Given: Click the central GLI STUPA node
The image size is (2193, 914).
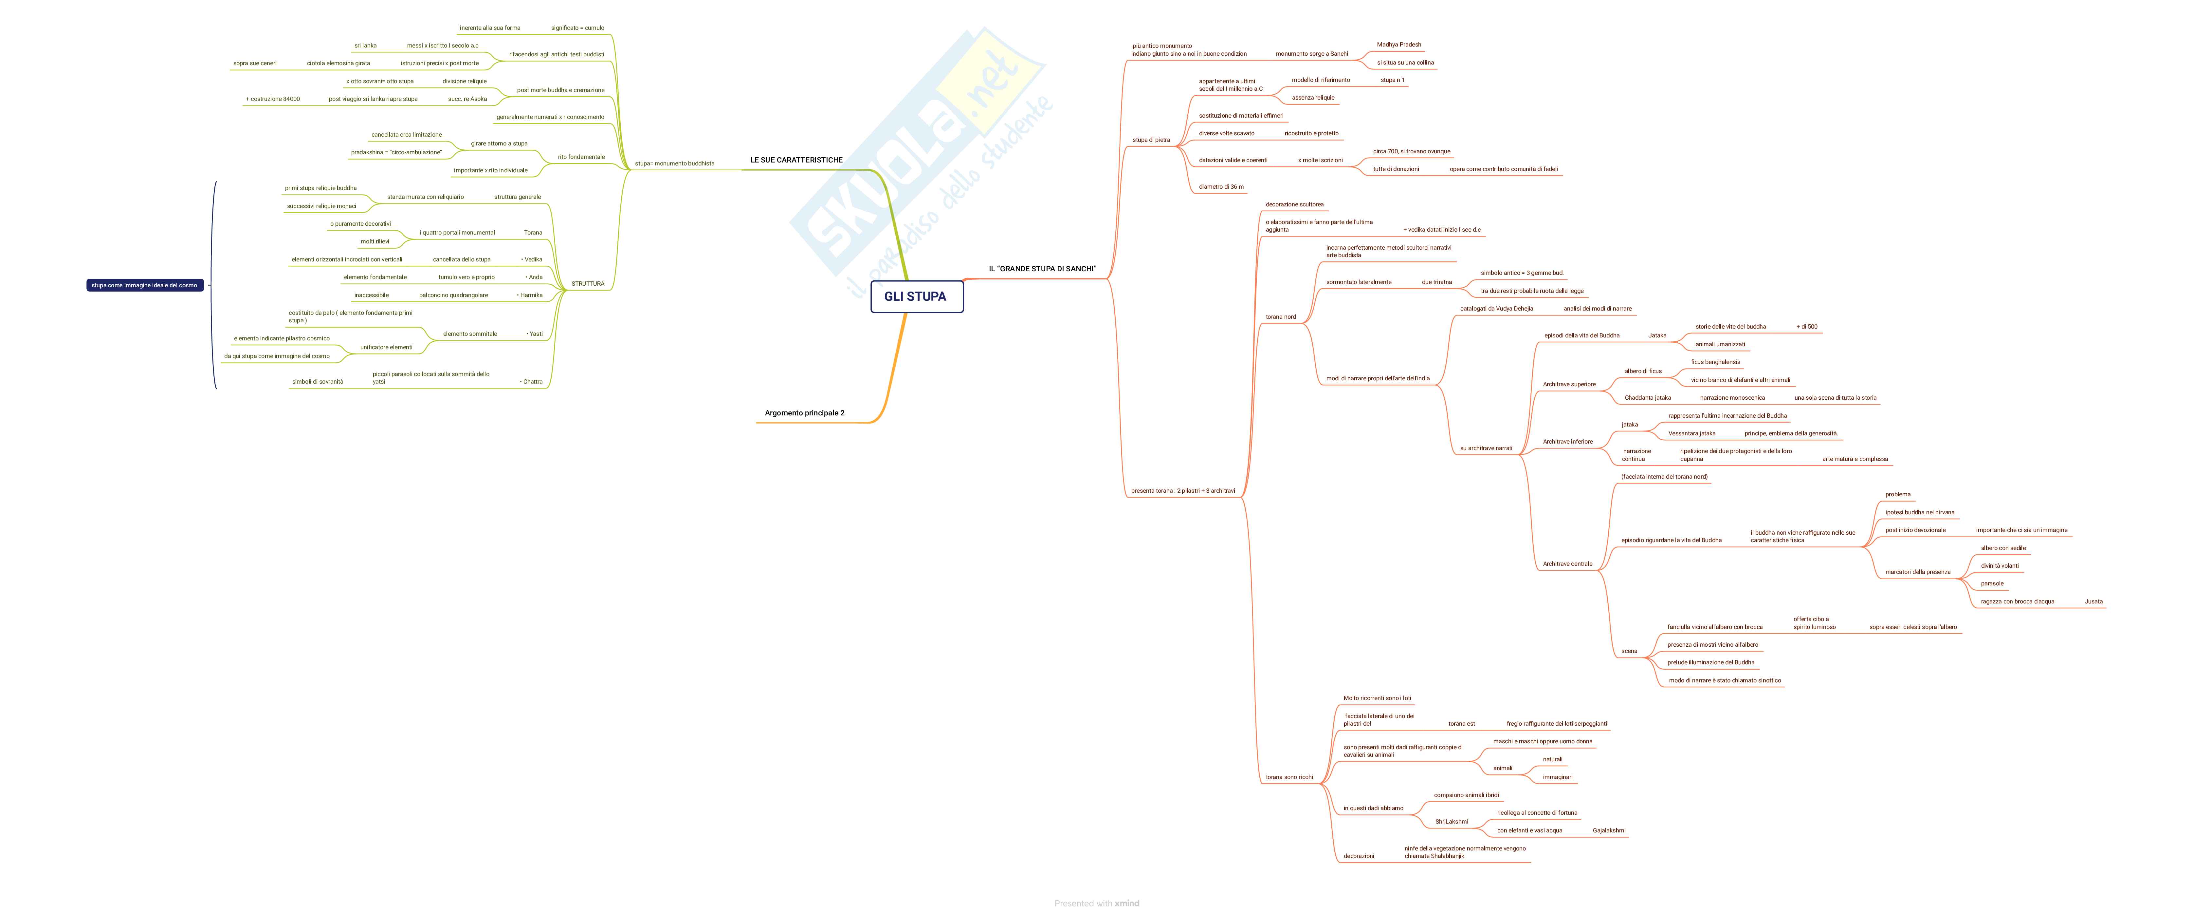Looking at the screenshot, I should coord(915,296).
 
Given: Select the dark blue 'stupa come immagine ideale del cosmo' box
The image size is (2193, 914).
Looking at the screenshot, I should coord(145,285).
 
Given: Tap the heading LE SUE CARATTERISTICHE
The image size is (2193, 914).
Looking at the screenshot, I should coord(796,160).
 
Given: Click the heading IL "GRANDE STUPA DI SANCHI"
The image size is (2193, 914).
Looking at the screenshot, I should coord(1042,269).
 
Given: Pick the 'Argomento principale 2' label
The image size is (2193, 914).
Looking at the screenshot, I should coord(805,413).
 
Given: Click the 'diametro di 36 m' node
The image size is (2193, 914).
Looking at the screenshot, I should coord(1221,186).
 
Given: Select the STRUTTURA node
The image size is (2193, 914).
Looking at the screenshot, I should coord(587,284).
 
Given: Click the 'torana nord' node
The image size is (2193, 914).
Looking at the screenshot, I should coord(1280,317).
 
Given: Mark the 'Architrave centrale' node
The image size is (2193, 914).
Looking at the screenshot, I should coord(1567,564).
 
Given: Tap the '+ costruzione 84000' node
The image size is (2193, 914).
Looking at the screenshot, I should coord(272,99).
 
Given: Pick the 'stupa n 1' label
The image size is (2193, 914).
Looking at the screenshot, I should coord(1392,80).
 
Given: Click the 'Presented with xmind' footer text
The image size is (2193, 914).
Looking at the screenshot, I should coord(1097,903).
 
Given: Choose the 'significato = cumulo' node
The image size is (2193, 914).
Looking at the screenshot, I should coord(577,28).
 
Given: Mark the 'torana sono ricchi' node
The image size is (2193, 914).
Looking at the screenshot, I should coord(1289,777).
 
